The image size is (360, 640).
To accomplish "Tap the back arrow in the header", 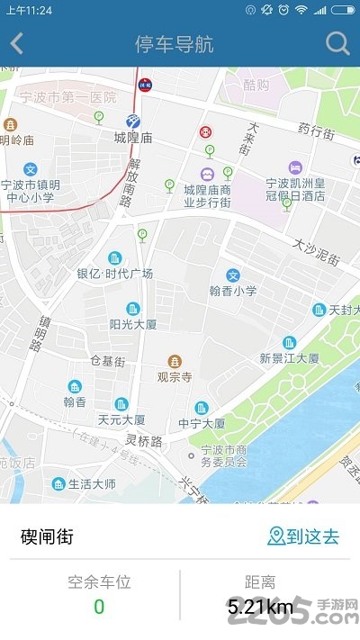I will (17, 43).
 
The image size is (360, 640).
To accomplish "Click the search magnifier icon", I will (337, 43).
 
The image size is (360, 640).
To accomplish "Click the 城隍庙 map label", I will (132, 138).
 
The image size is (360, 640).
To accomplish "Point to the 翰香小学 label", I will (233, 290).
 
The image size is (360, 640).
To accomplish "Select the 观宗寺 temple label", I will (175, 377).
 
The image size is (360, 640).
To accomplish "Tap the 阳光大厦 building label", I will (133, 324).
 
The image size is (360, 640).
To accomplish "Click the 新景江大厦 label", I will (289, 357).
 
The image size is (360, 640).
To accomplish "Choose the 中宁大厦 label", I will (201, 422).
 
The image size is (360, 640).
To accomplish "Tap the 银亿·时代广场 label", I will (114, 274).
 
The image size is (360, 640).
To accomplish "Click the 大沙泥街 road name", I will (316, 251).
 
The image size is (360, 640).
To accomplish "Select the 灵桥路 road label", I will (143, 441).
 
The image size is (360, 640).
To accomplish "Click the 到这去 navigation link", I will (303, 537).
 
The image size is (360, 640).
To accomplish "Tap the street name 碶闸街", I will (47, 537).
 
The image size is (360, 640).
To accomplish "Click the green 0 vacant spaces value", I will (99, 607).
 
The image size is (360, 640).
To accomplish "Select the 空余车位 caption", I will (99, 581).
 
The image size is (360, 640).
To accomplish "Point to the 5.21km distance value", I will (260, 607).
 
